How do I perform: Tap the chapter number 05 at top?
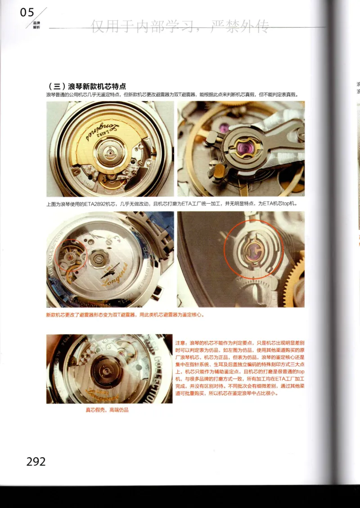[27, 13]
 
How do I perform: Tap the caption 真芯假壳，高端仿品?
[108, 410]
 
